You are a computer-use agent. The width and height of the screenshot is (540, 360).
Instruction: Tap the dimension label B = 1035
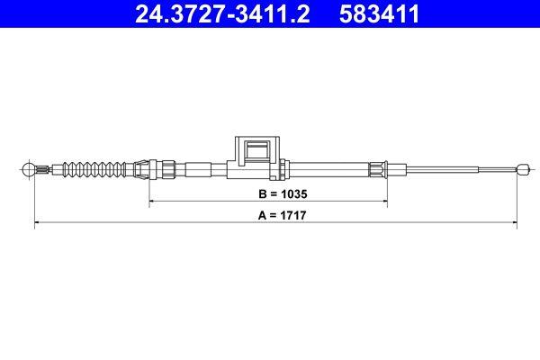pyautogui.click(x=270, y=193)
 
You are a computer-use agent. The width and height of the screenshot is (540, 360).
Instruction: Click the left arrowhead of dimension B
pyautogui.click(x=150, y=202)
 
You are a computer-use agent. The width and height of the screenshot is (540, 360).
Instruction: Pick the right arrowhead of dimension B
pyautogui.click(x=385, y=202)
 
